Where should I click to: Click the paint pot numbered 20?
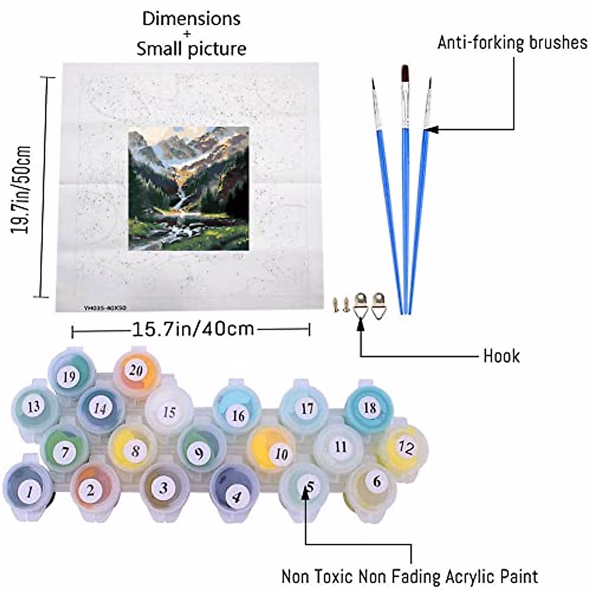point(135,370)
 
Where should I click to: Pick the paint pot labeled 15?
point(169,411)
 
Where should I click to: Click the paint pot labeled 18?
point(369,408)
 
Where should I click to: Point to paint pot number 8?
point(135,450)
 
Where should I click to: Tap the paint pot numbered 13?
point(33,407)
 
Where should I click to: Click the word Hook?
point(501,356)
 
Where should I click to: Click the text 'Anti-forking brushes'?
point(512,43)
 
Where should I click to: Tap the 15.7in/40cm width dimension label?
point(193,328)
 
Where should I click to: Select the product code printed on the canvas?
point(105,307)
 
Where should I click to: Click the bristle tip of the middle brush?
point(405,74)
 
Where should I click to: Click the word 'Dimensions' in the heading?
point(192,19)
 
